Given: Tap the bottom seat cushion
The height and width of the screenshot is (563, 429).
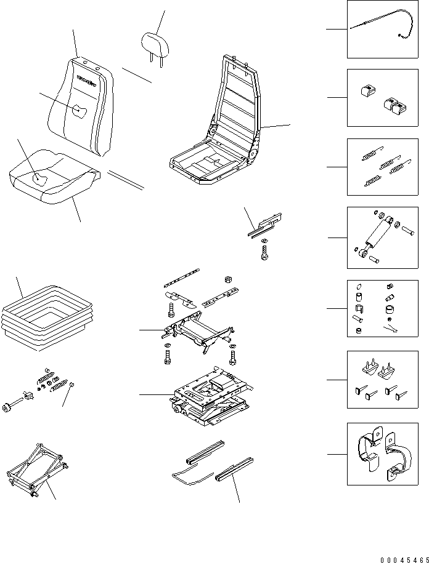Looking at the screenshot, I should pos(52,178).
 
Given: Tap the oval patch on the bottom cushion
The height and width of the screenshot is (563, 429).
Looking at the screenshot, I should pos(42,179).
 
